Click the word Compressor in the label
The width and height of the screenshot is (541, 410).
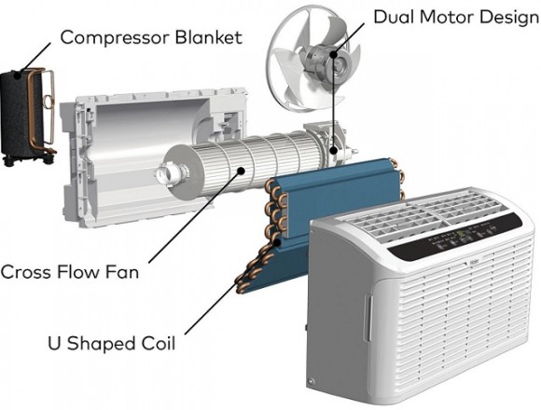click(x=116, y=38)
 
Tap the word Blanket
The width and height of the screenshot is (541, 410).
click(x=209, y=37)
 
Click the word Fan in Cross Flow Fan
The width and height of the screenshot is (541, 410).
click(x=122, y=272)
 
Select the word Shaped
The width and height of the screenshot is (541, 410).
click(x=101, y=344)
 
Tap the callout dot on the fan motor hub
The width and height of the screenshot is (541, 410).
click(x=333, y=54)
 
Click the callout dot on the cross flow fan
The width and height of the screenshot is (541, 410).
click(x=242, y=170)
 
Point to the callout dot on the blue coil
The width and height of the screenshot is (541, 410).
click(x=277, y=242)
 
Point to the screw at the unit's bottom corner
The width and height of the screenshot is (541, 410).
click(x=312, y=381)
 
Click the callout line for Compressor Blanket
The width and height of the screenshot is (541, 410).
click(x=35, y=57)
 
